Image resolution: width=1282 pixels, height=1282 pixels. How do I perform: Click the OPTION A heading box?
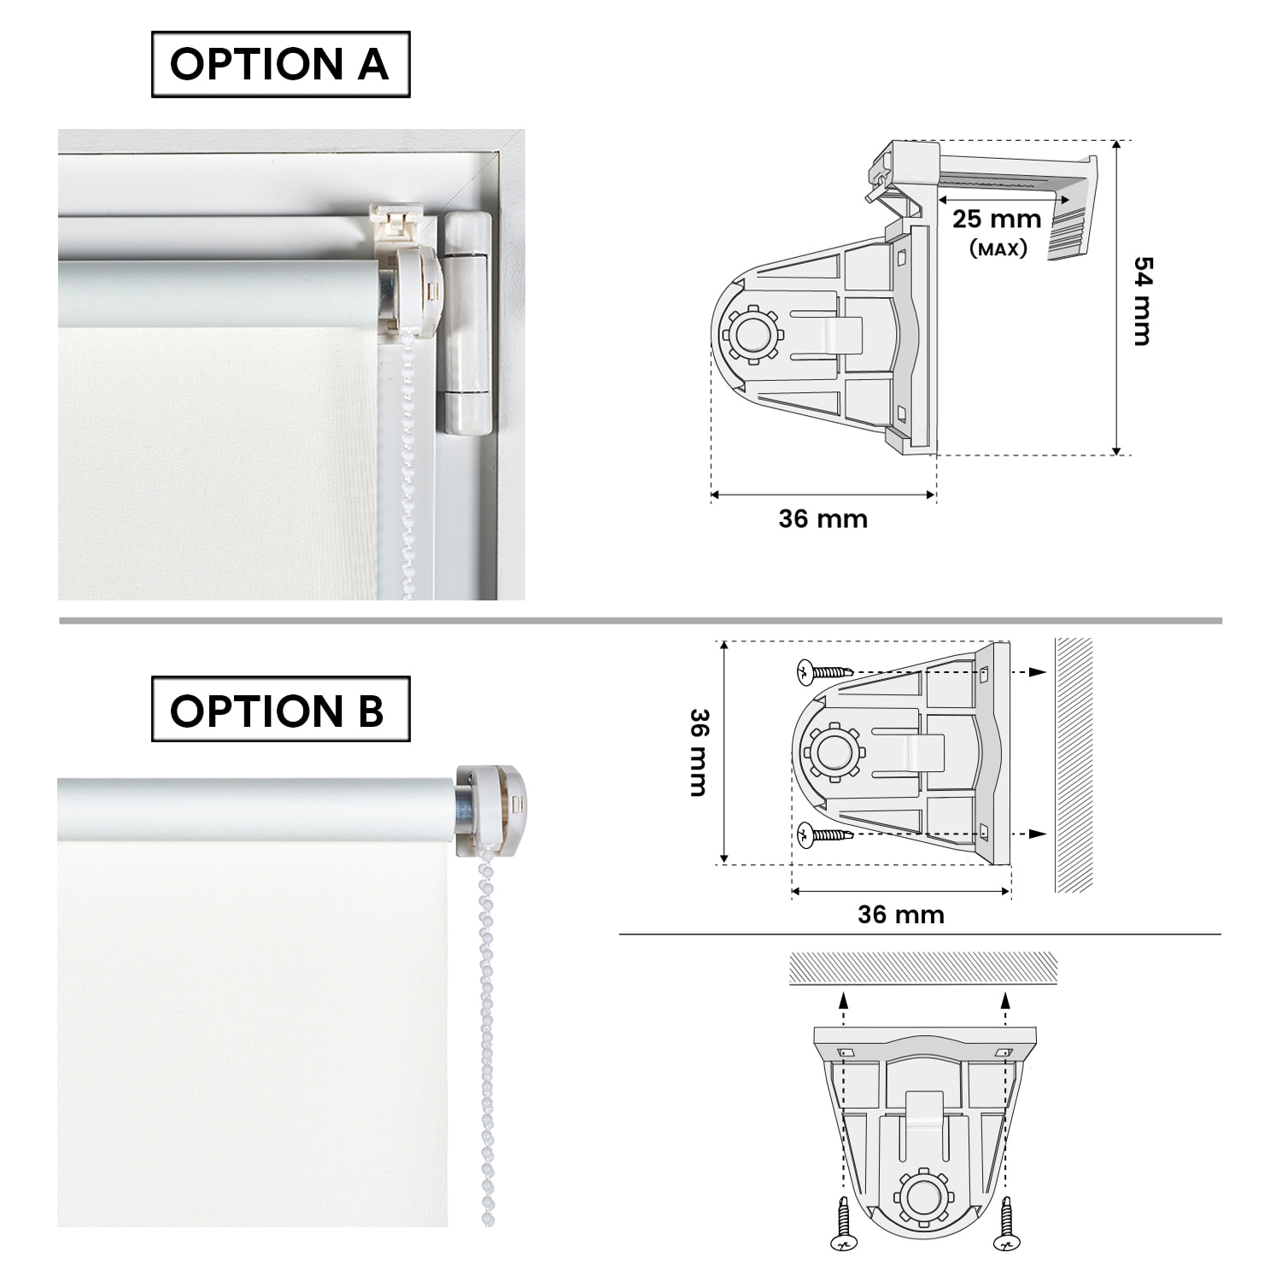click(280, 64)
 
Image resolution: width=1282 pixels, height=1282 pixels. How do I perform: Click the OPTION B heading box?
click(280, 710)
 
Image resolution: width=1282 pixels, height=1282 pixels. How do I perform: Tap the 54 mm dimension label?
click(1142, 301)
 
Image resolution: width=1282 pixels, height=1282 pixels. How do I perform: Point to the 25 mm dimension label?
click(997, 220)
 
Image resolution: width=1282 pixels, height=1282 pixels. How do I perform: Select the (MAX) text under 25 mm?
click(998, 249)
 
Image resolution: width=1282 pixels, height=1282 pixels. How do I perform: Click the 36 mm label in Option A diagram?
click(822, 519)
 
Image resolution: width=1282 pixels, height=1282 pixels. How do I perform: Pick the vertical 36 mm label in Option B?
click(699, 752)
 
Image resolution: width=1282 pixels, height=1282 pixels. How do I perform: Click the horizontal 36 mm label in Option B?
click(901, 915)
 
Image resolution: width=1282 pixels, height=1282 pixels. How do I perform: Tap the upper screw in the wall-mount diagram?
click(824, 671)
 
